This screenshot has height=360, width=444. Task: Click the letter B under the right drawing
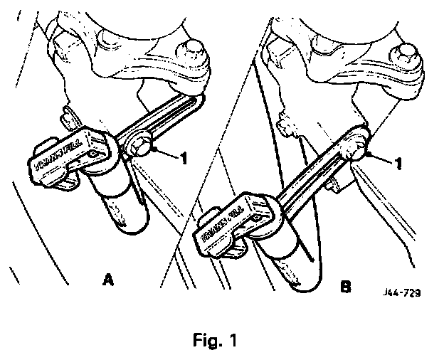(345, 288)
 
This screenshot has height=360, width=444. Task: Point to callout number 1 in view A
(184, 158)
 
